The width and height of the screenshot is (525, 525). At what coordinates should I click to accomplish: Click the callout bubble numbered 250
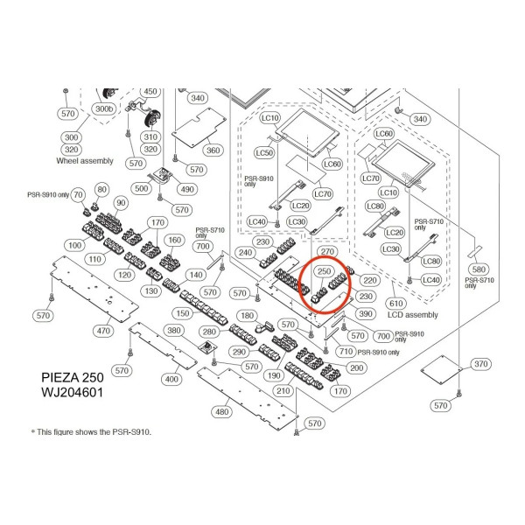324,271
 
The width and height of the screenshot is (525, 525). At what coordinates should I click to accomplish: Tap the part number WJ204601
72,392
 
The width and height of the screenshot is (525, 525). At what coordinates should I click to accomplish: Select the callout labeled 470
103,331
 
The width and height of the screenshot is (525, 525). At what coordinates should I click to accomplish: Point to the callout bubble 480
222,411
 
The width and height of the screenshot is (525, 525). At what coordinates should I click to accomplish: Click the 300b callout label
104,108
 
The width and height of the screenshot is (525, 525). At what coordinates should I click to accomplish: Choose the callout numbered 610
395,304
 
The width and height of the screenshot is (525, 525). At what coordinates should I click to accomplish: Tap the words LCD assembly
412,315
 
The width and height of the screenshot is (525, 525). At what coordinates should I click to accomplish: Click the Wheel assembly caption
85,161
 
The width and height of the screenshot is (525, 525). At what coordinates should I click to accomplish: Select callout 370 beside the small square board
481,364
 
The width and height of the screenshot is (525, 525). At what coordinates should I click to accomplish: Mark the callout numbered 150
183,313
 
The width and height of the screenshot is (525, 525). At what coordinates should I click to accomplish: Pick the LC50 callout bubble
264,152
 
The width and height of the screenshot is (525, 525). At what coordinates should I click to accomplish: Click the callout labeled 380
174,331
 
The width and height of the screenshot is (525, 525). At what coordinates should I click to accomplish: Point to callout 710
346,351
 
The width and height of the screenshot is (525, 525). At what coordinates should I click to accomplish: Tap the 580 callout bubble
479,269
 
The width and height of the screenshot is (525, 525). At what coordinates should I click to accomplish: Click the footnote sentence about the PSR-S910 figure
91,432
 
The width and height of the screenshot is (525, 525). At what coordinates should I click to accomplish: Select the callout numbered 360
213,150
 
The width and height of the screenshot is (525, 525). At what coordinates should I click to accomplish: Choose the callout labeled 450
150,91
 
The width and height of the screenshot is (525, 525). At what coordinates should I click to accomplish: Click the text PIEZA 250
73,377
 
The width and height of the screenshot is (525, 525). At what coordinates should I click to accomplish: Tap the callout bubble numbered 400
171,379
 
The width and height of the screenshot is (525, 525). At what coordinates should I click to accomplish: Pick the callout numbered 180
247,316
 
